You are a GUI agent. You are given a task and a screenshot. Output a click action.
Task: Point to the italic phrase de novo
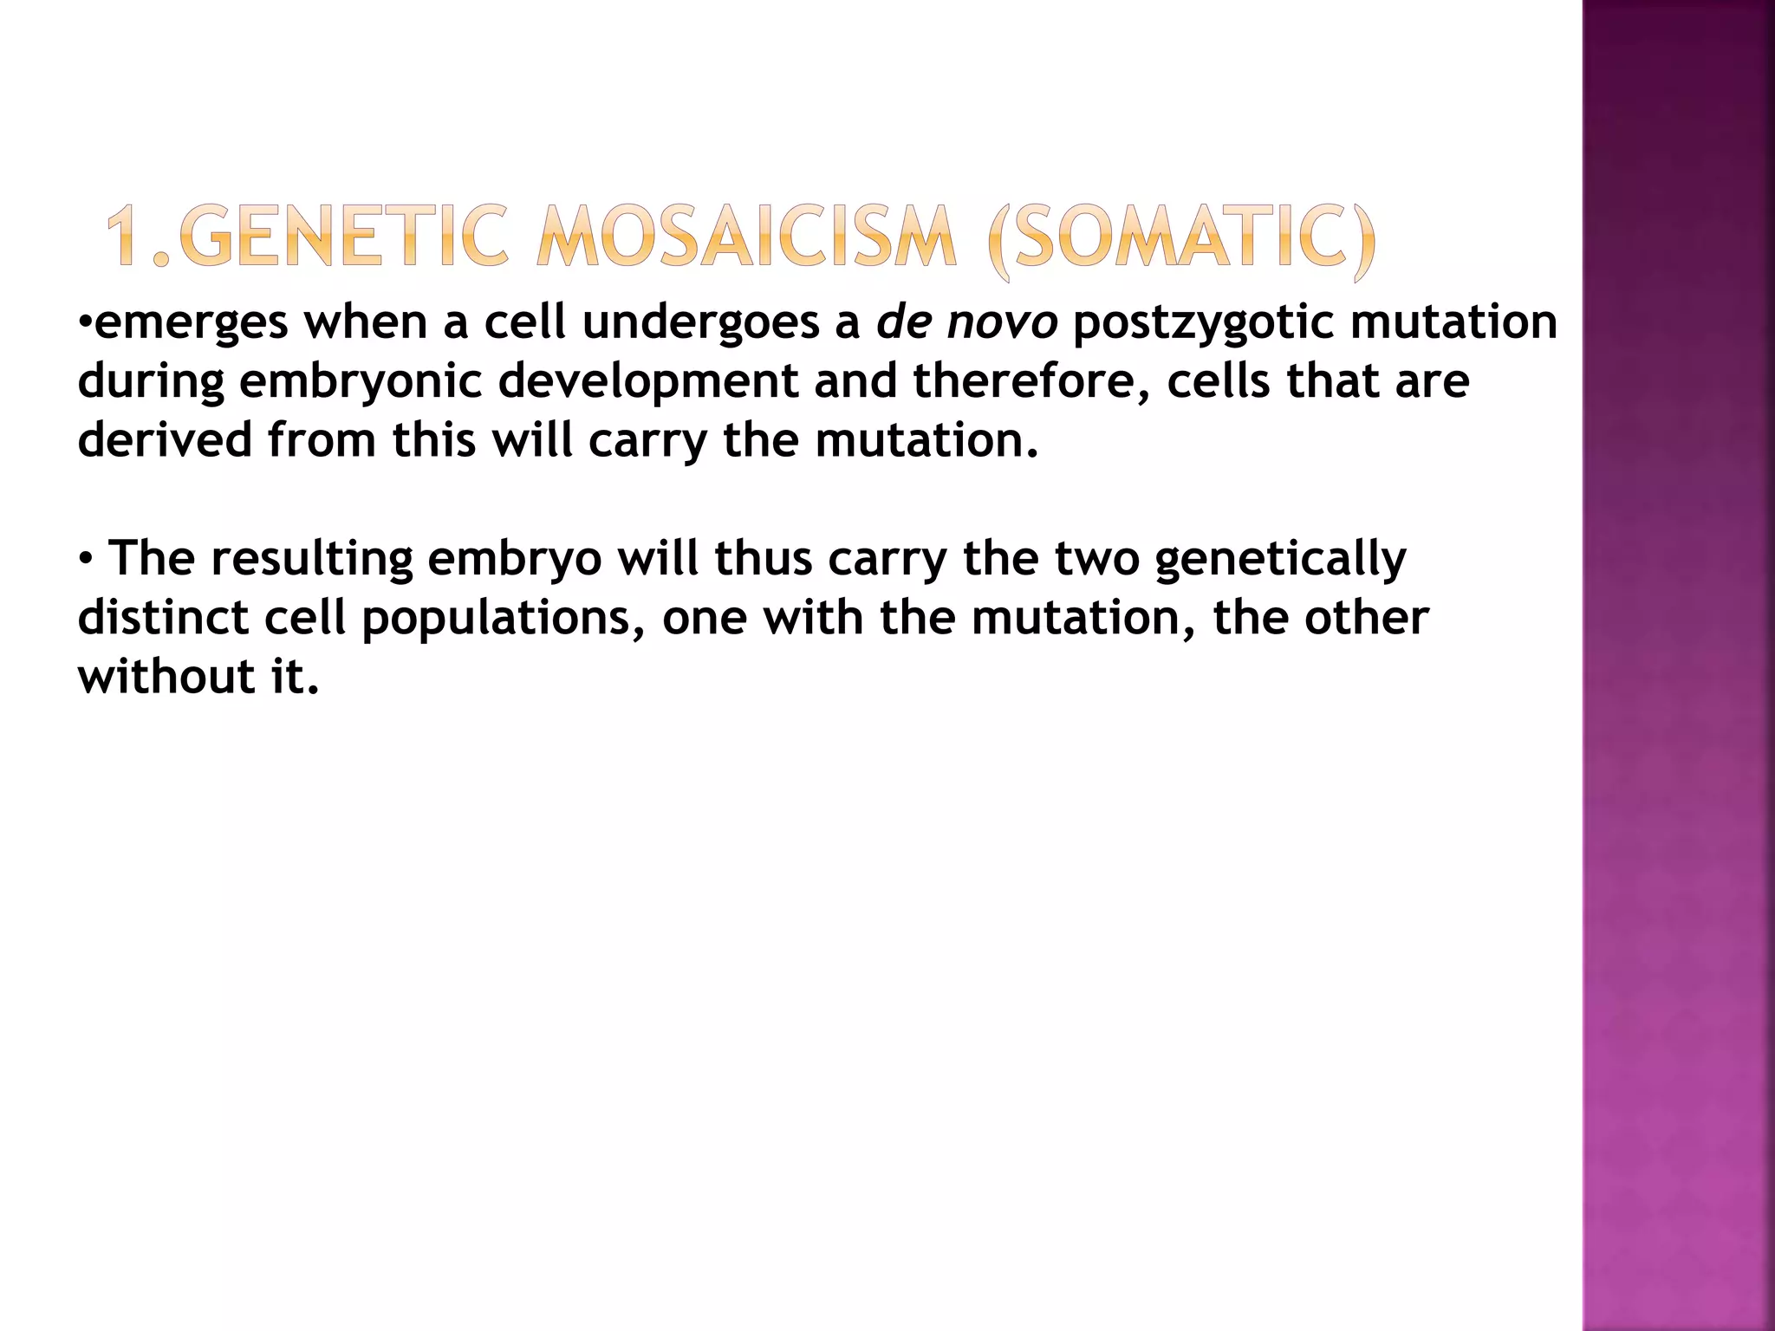(x=966, y=322)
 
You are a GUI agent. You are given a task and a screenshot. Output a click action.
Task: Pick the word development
(x=648, y=382)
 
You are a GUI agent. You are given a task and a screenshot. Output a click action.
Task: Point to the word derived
(x=164, y=440)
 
